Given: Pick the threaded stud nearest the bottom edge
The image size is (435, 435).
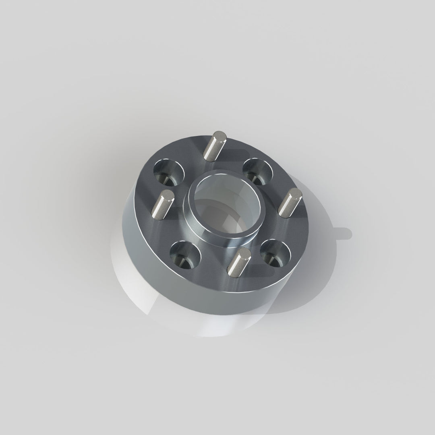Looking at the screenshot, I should click(239, 263).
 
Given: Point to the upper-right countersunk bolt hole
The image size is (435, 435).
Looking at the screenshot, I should click(258, 172).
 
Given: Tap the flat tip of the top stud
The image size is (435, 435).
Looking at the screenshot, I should click(220, 136).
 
